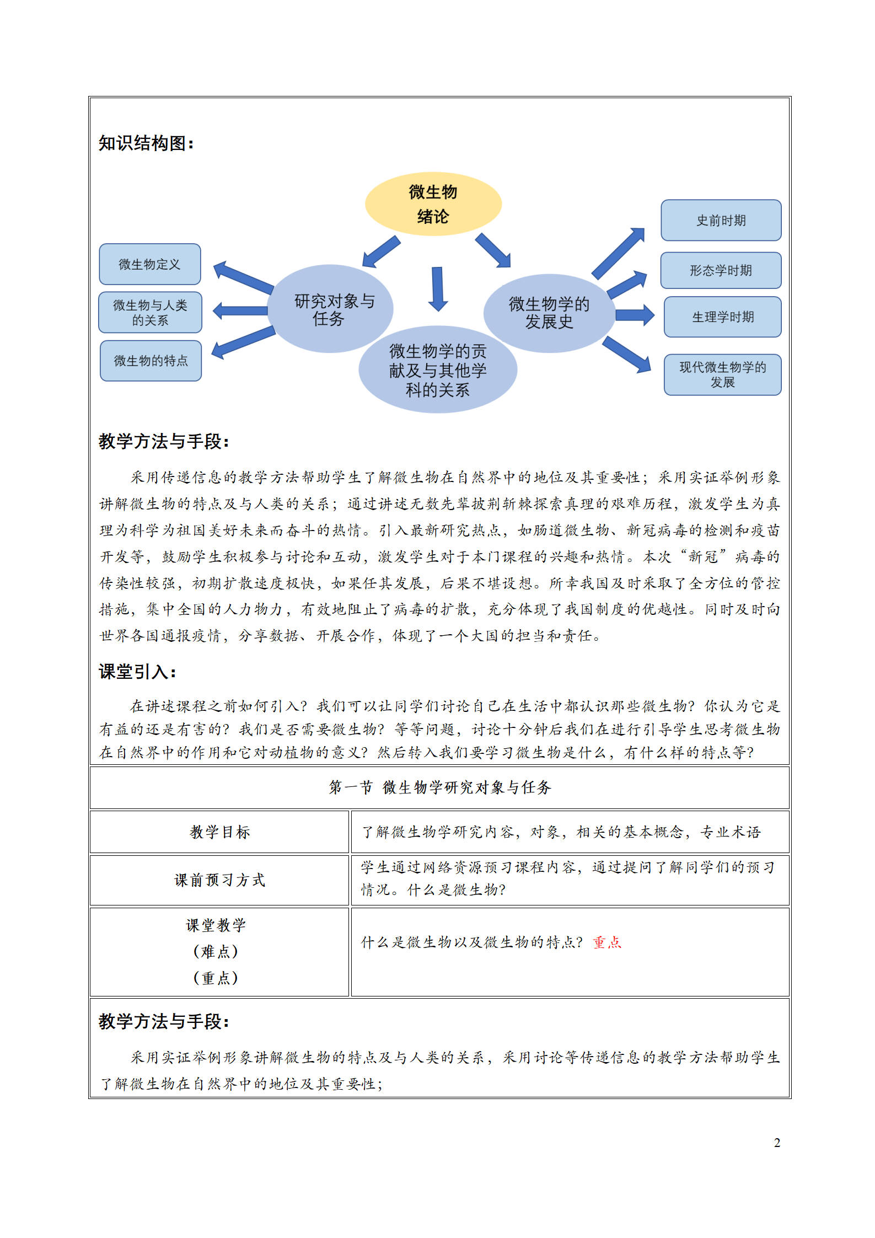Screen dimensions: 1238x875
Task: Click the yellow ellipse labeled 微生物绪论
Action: [433, 204]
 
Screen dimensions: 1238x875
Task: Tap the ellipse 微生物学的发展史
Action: [549, 313]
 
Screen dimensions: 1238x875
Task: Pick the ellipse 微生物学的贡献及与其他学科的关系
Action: [437, 370]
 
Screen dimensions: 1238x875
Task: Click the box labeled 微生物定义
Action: [149, 264]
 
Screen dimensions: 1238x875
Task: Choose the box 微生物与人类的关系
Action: [150, 312]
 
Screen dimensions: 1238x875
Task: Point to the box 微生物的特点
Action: [151, 361]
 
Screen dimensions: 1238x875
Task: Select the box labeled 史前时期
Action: [721, 220]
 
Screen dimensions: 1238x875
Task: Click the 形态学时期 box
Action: [721, 270]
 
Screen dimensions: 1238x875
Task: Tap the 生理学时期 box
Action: [722, 317]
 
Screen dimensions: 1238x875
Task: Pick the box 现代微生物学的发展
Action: [722, 374]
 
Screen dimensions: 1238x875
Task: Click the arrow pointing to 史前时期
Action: [619, 253]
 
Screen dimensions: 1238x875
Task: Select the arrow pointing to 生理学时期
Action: [634, 315]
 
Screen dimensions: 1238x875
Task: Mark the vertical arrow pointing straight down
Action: [438, 288]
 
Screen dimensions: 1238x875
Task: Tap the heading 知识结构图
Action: [146, 143]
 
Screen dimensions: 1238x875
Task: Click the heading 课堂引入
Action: [137, 672]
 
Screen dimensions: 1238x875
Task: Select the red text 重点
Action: [607, 942]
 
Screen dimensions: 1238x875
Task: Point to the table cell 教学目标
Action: [219, 832]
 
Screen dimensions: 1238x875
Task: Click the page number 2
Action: [777, 1143]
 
